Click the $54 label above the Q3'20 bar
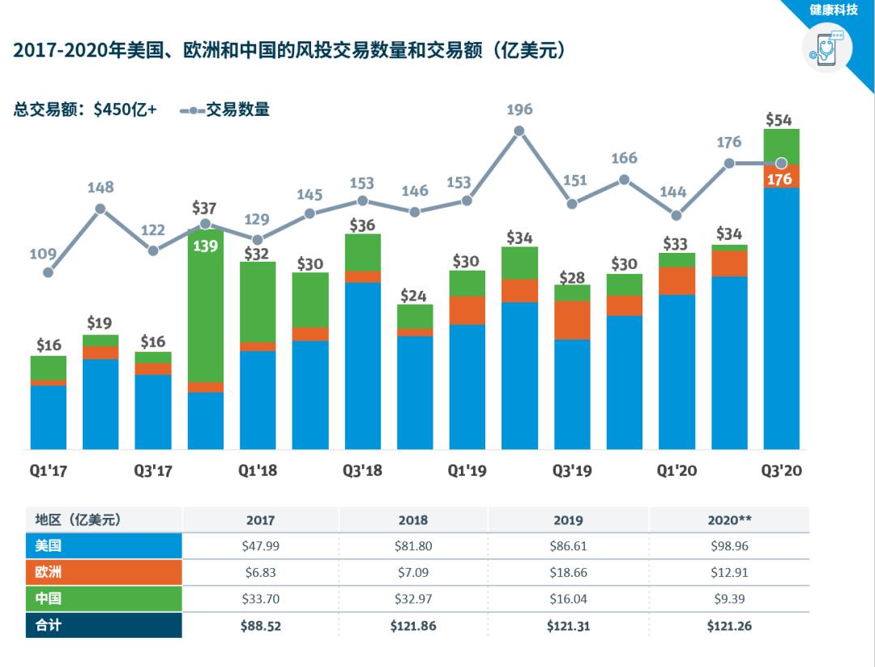coord(779,120)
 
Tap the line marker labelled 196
coord(519,130)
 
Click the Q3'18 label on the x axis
coord(362,470)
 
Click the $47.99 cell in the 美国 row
coord(260,546)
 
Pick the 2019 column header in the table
coord(571,519)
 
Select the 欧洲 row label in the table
coord(49,572)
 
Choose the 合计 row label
coord(49,626)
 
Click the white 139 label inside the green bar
coord(205,245)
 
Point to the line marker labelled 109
coord(49,272)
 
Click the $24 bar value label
coord(414,296)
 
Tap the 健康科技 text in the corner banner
coord(833,11)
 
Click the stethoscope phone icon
coord(827,49)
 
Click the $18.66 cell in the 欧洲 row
coord(571,572)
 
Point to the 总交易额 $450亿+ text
coord(85,109)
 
